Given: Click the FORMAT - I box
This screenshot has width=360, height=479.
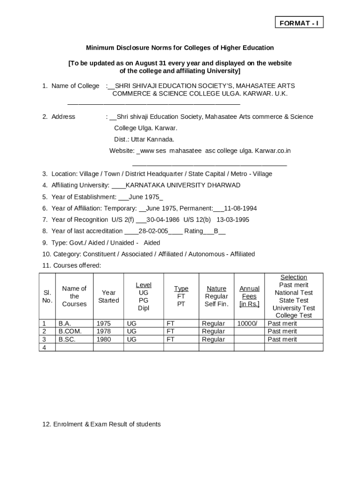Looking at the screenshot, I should pos(298,23).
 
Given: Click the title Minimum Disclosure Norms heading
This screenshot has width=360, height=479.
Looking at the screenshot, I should pos(180,48).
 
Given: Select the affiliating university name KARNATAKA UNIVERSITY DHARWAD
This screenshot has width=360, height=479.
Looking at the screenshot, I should pos(183,185).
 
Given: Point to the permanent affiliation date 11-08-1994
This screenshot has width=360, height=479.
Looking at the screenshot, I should pos(240,208).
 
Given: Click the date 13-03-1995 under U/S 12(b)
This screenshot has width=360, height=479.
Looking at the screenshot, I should pos(233,219).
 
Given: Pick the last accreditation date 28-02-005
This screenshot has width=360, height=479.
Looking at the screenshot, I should pos(153,231).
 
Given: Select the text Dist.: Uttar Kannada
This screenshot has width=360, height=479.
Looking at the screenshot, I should pos(144,139).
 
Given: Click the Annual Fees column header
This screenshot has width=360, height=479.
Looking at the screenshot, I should pos(249,296).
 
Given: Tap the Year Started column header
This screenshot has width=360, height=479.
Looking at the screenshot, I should pos(108,296).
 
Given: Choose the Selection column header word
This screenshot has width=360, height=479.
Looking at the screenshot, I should pos(294,277).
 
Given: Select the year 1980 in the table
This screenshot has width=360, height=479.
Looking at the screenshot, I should pos(104,339).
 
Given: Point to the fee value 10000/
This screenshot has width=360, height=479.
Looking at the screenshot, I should pos(247,323).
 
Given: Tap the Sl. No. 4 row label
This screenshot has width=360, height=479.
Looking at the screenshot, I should pos(44,347).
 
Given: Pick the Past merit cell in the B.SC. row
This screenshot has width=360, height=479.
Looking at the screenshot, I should pos(282,339).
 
